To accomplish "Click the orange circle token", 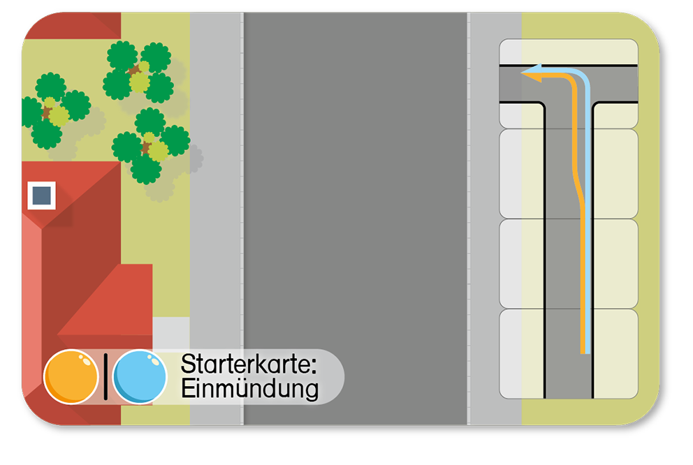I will [71, 376].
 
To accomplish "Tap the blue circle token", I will [140, 376].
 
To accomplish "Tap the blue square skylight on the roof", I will [41, 195].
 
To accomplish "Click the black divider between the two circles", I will [105, 377].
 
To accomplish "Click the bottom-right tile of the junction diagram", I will [615, 353].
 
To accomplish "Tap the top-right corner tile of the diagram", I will [615, 52].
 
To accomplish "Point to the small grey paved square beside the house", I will [170, 333].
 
